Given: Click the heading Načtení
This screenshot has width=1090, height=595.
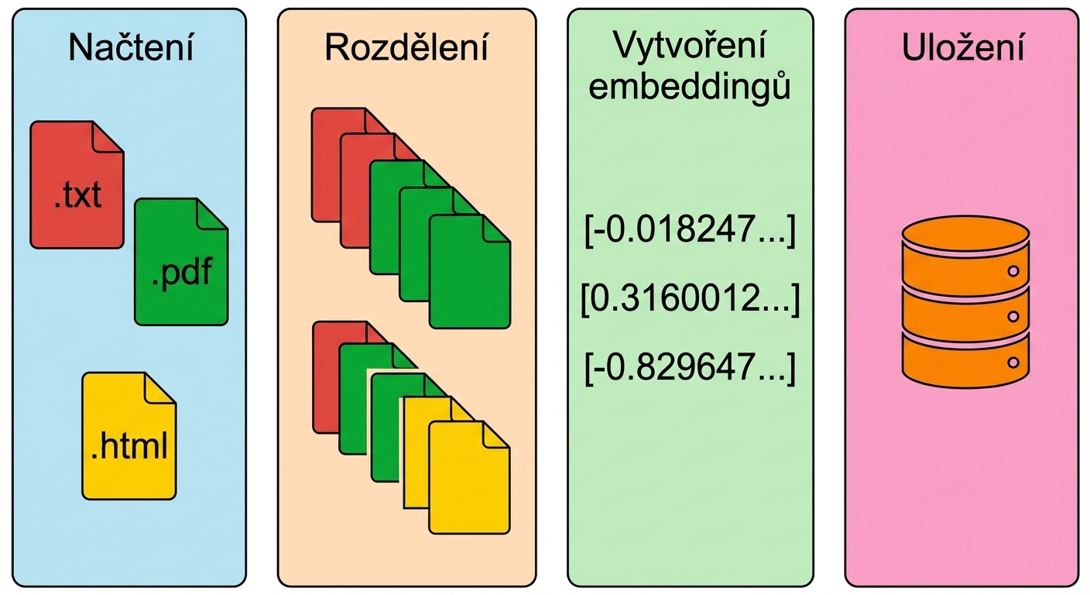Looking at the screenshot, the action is point(131,47).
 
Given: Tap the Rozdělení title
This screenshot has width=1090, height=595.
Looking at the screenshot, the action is point(406,47).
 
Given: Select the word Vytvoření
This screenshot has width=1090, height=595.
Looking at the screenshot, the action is point(690,46).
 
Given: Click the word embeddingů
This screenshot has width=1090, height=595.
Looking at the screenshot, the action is point(690,87).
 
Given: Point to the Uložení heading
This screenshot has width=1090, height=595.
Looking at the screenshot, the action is point(963,47).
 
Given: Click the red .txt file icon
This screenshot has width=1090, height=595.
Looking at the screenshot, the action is point(77,185).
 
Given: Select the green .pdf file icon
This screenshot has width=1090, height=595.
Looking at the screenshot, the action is point(181,261).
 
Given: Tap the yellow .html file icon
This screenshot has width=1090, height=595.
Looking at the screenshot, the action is point(129,435).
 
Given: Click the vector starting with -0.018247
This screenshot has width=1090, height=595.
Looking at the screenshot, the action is point(690,230).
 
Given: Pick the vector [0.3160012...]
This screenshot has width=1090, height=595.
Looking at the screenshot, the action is point(691,298).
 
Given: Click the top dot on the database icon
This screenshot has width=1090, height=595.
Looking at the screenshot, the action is point(1013,271).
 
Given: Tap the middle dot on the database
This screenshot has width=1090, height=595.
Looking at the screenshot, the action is point(1013,317).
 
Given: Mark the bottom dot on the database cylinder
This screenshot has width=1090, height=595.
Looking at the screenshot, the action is point(1013,363).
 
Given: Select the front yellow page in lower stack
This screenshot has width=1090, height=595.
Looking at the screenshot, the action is point(470,478).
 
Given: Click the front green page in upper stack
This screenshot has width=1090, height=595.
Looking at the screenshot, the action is point(470,272).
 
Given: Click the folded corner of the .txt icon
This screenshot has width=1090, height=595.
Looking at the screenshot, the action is point(108,137).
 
